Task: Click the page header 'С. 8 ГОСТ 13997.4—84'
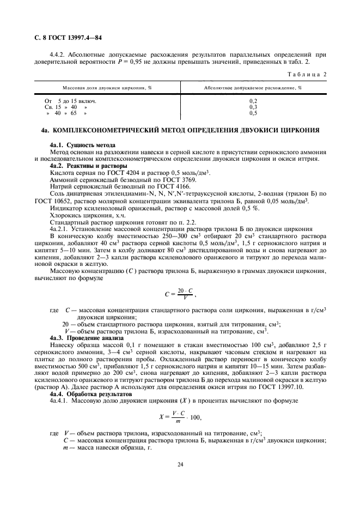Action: click(65, 39)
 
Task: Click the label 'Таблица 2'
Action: click(309, 74)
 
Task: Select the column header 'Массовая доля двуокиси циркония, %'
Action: click(107, 87)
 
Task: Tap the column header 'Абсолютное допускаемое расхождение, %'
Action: click(253, 87)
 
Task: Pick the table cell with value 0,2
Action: click(253, 101)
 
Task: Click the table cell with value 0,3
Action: click(253, 107)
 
